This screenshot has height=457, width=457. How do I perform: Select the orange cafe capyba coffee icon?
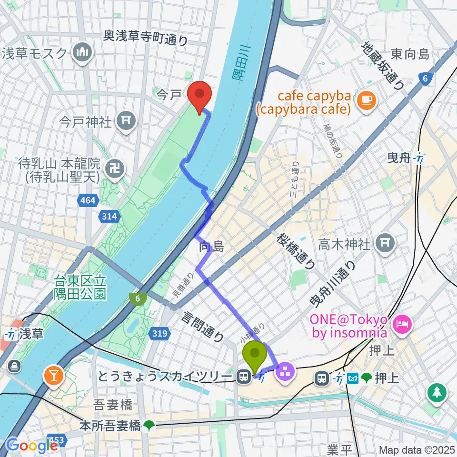367,99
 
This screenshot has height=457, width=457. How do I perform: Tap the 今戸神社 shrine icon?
127,122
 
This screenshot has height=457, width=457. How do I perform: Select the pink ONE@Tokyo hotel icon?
402,325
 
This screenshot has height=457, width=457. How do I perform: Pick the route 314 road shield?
109,217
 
